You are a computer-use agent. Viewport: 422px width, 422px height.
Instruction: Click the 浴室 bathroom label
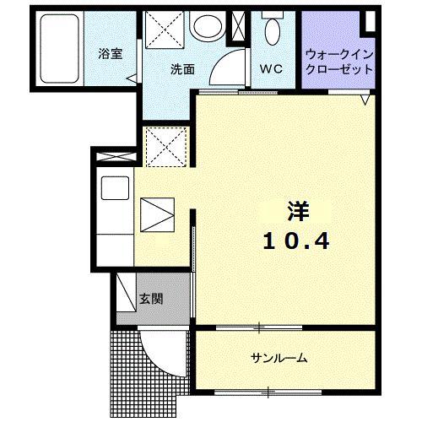(109, 53)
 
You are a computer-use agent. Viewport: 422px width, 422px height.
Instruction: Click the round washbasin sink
(205, 27)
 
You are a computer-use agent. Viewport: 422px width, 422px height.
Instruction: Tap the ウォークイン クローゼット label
(340, 60)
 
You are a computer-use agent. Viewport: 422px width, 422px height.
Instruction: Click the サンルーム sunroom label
(279, 358)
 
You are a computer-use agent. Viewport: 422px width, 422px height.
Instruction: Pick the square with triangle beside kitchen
(156, 214)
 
